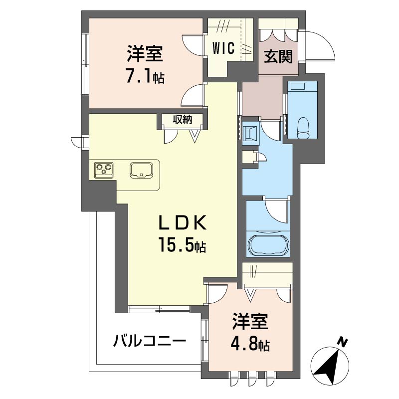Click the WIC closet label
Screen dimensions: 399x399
[223, 48]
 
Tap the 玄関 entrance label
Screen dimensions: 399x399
[278, 56]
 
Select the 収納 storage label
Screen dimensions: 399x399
[183, 119]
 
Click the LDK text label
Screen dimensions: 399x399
[182, 222]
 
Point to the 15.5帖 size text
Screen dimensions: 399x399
[182, 244]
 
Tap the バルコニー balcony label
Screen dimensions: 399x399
[150, 341]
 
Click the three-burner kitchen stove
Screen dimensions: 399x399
[104, 170]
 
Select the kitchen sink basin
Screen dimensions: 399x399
[141, 170]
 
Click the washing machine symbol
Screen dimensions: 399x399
[250, 134]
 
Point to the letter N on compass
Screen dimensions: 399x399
[343, 342]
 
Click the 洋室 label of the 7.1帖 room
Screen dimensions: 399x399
[145, 54]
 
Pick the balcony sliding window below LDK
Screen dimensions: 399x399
[159, 309]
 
